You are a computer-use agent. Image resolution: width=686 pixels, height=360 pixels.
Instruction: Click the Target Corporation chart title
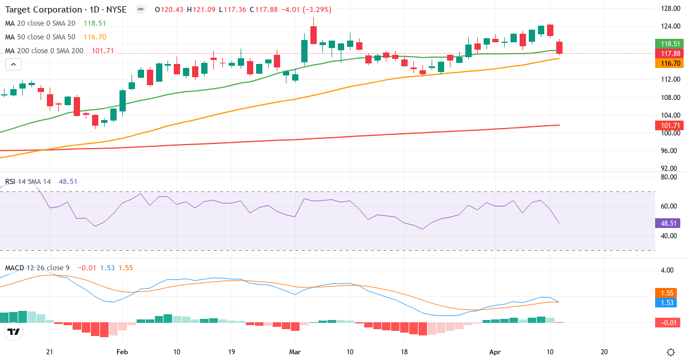point(65,10)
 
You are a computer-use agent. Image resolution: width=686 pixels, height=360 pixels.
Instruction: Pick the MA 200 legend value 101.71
point(102,51)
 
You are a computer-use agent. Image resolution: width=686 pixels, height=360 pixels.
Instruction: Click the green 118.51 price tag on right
point(669,44)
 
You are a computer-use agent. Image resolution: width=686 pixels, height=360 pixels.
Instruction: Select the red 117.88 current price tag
point(669,53)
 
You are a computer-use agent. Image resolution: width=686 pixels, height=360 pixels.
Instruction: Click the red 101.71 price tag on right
point(669,125)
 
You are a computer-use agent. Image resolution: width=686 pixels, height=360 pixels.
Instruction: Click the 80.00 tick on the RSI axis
point(668,177)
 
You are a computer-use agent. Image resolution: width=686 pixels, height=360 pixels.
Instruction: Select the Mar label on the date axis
point(295,351)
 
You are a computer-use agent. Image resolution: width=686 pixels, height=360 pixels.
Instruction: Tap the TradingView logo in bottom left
point(14,331)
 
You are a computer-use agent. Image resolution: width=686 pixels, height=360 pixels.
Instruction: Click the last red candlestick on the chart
point(559,47)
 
